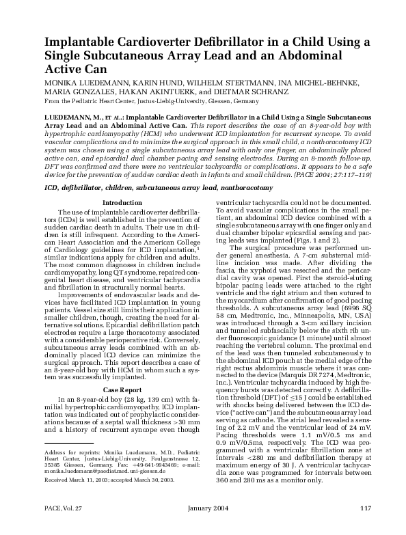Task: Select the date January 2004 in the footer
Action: point(203,525)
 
